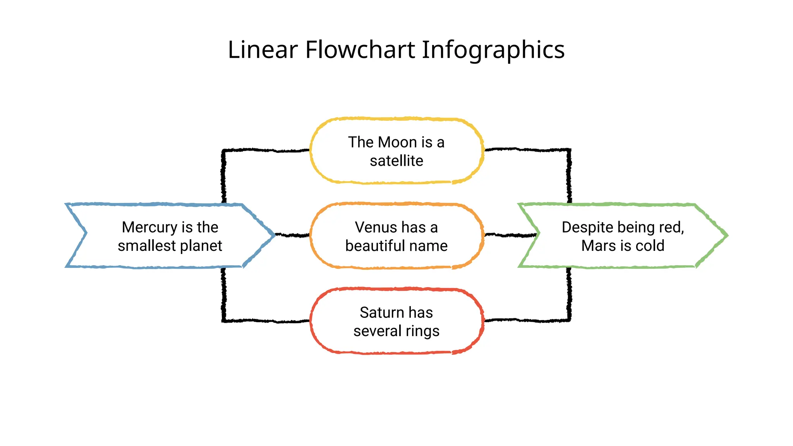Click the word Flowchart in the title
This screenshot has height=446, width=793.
(x=360, y=50)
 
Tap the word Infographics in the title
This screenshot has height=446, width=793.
(x=493, y=50)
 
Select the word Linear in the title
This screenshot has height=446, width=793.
(x=263, y=50)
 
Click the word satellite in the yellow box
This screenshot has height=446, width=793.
(x=396, y=161)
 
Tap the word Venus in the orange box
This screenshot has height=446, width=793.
(x=376, y=228)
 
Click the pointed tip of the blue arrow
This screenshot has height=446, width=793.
(x=273, y=235)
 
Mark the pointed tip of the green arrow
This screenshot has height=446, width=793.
(x=726, y=235)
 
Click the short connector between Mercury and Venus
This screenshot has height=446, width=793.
(x=292, y=235)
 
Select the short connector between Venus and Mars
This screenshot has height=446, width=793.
(x=510, y=235)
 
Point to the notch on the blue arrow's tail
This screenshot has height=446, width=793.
(x=86, y=233)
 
